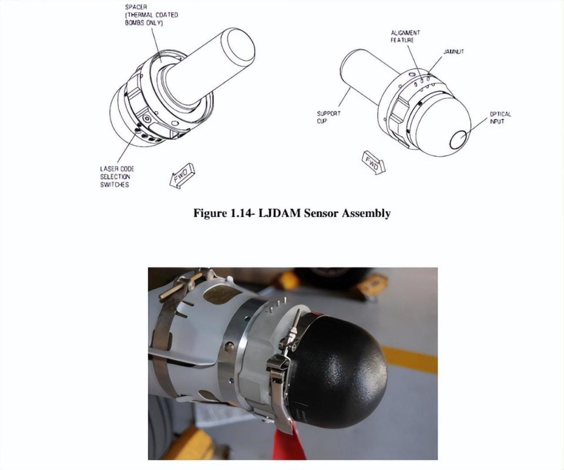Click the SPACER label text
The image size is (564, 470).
(152, 15)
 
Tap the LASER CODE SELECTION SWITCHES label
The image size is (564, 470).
(117, 177)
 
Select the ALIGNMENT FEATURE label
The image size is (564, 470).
(405, 36)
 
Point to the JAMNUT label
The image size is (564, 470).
(454, 52)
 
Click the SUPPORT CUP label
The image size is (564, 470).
(328, 117)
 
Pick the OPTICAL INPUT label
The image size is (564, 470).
(500, 117)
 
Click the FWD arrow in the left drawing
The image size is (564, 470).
(182, 175)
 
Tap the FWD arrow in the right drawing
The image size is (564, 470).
(373, 163)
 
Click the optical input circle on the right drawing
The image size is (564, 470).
(459, 140)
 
